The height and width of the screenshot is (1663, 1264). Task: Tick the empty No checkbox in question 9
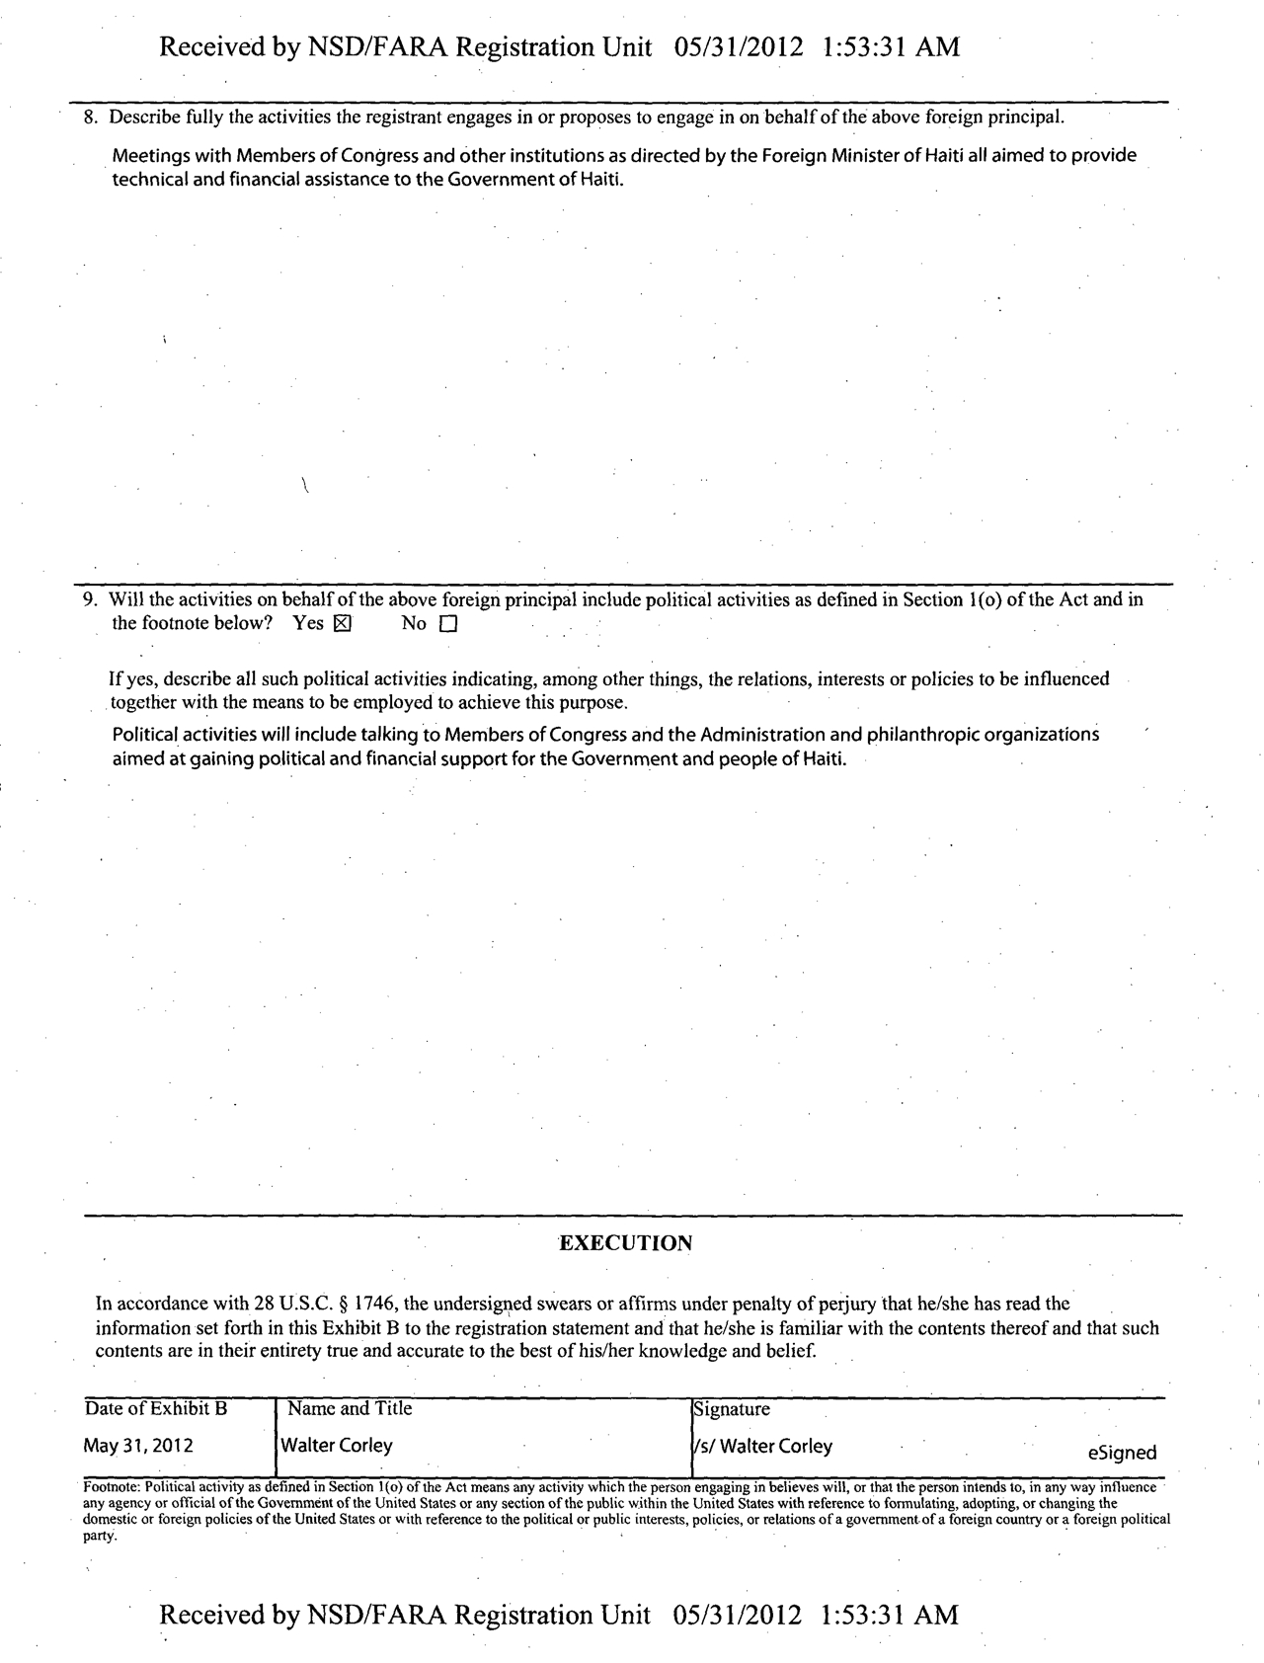pos(449,624)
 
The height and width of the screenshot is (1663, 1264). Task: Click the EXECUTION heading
pos(625,1243)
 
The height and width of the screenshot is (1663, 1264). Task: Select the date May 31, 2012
pos(138,1446)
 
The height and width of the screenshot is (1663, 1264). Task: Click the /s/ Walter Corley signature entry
pos(763,1446)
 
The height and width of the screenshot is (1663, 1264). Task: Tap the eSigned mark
pos(1122,1453)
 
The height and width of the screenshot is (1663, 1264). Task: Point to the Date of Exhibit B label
pos(156,1408)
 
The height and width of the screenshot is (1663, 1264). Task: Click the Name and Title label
pos(350,1408)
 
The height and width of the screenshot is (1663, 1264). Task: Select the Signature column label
pos(732,1409)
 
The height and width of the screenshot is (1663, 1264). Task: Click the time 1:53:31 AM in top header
pos(890,46)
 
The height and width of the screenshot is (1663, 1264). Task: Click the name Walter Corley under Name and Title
pos(338,1446)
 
